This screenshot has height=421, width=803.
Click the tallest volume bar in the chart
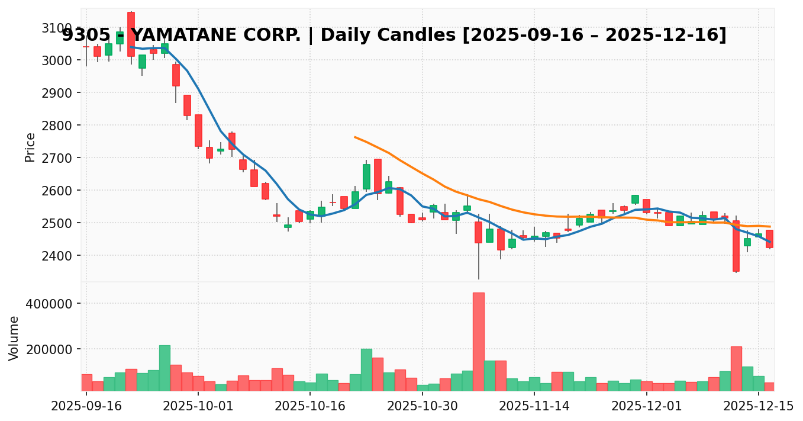(478, 341)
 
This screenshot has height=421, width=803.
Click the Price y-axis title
(30, 147)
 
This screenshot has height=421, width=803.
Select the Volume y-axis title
(14, 338)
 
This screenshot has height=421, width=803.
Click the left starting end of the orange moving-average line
(355, 137)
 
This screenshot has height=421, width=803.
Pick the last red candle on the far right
(769, 239)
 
